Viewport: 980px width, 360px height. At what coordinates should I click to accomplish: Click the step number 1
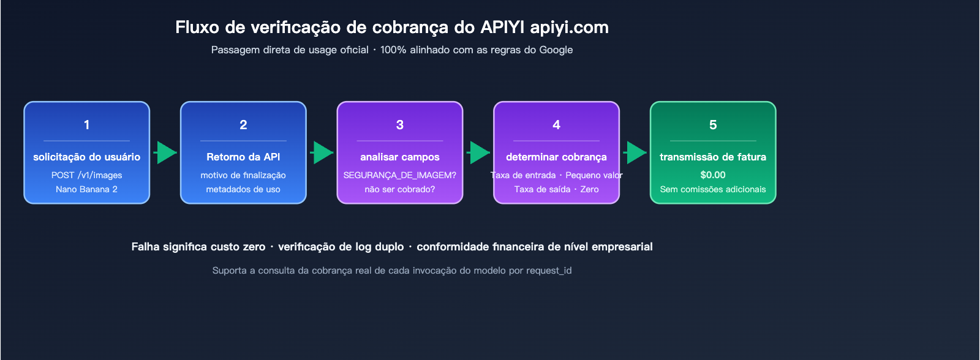86,125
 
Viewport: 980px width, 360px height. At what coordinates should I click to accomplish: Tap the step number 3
400,125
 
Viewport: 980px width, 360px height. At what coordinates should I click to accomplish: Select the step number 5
713,125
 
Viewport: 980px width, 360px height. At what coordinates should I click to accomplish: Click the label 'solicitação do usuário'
86,157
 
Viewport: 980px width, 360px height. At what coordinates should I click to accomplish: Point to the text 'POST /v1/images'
86,175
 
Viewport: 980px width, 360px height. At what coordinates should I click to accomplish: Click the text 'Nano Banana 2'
86,189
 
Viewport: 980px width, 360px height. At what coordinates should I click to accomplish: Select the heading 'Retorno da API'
243,157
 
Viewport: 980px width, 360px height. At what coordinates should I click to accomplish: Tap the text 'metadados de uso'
243,189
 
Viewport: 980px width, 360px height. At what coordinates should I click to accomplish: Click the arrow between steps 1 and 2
165,152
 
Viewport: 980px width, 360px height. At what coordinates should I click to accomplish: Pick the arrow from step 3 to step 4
478,152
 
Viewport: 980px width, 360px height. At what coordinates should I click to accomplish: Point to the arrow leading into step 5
635,152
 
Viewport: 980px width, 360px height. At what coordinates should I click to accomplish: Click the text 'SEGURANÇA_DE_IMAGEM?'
400,175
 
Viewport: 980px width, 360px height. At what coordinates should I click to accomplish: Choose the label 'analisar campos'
400,157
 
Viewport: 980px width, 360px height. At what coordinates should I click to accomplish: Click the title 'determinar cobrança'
556,157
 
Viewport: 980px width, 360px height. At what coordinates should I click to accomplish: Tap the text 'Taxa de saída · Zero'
556,189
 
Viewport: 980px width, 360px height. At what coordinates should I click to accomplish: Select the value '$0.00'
713,175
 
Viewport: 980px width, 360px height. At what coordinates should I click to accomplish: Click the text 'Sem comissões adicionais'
713,189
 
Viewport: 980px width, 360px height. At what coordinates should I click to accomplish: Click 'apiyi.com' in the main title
569,28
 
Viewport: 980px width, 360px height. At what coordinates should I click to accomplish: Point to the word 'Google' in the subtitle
556,50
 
